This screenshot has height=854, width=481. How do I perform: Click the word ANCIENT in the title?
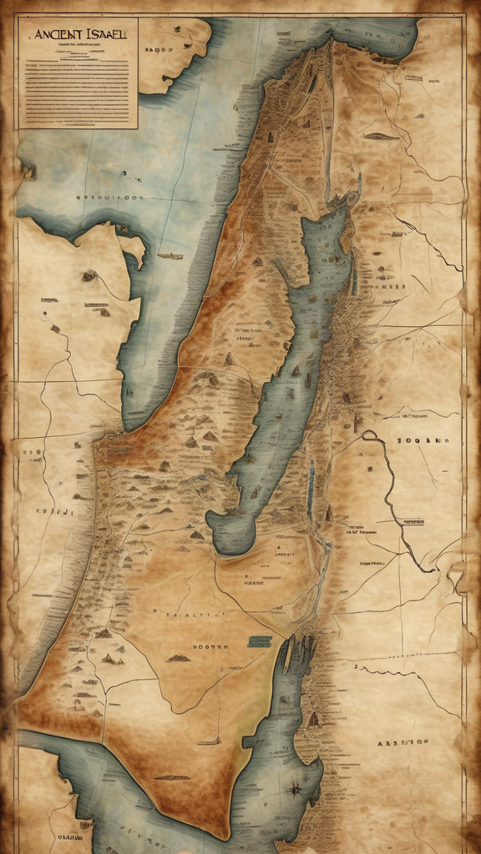[55, 37]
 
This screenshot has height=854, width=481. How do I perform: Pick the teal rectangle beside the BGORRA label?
[260, 640]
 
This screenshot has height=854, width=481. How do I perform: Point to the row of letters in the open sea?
[109, 198]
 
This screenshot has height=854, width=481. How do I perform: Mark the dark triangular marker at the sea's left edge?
[28, 173]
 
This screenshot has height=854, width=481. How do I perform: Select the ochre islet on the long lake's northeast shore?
[344, 242]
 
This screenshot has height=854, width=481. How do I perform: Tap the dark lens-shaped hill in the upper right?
[380, 135]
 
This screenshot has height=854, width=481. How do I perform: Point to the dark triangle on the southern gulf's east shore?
[313, 718]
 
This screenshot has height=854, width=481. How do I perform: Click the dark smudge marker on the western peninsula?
[89, 274]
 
